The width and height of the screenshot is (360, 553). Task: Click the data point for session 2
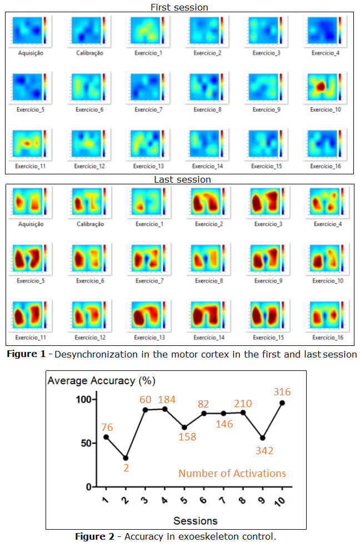[126, 458]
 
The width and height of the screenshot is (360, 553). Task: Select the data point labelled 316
[282, 403]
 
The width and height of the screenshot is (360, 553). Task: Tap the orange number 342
[264, 450]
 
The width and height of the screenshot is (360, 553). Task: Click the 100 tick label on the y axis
[83, 399]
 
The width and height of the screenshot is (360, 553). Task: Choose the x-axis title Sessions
[195, 521]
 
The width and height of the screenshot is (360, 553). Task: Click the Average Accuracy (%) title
[101, 381]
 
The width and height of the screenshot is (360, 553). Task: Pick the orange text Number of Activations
[232, 474]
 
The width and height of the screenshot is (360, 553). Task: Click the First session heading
[179, 7]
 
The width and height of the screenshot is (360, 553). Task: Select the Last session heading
[182, 179]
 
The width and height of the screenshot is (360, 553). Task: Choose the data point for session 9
[262, 438]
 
